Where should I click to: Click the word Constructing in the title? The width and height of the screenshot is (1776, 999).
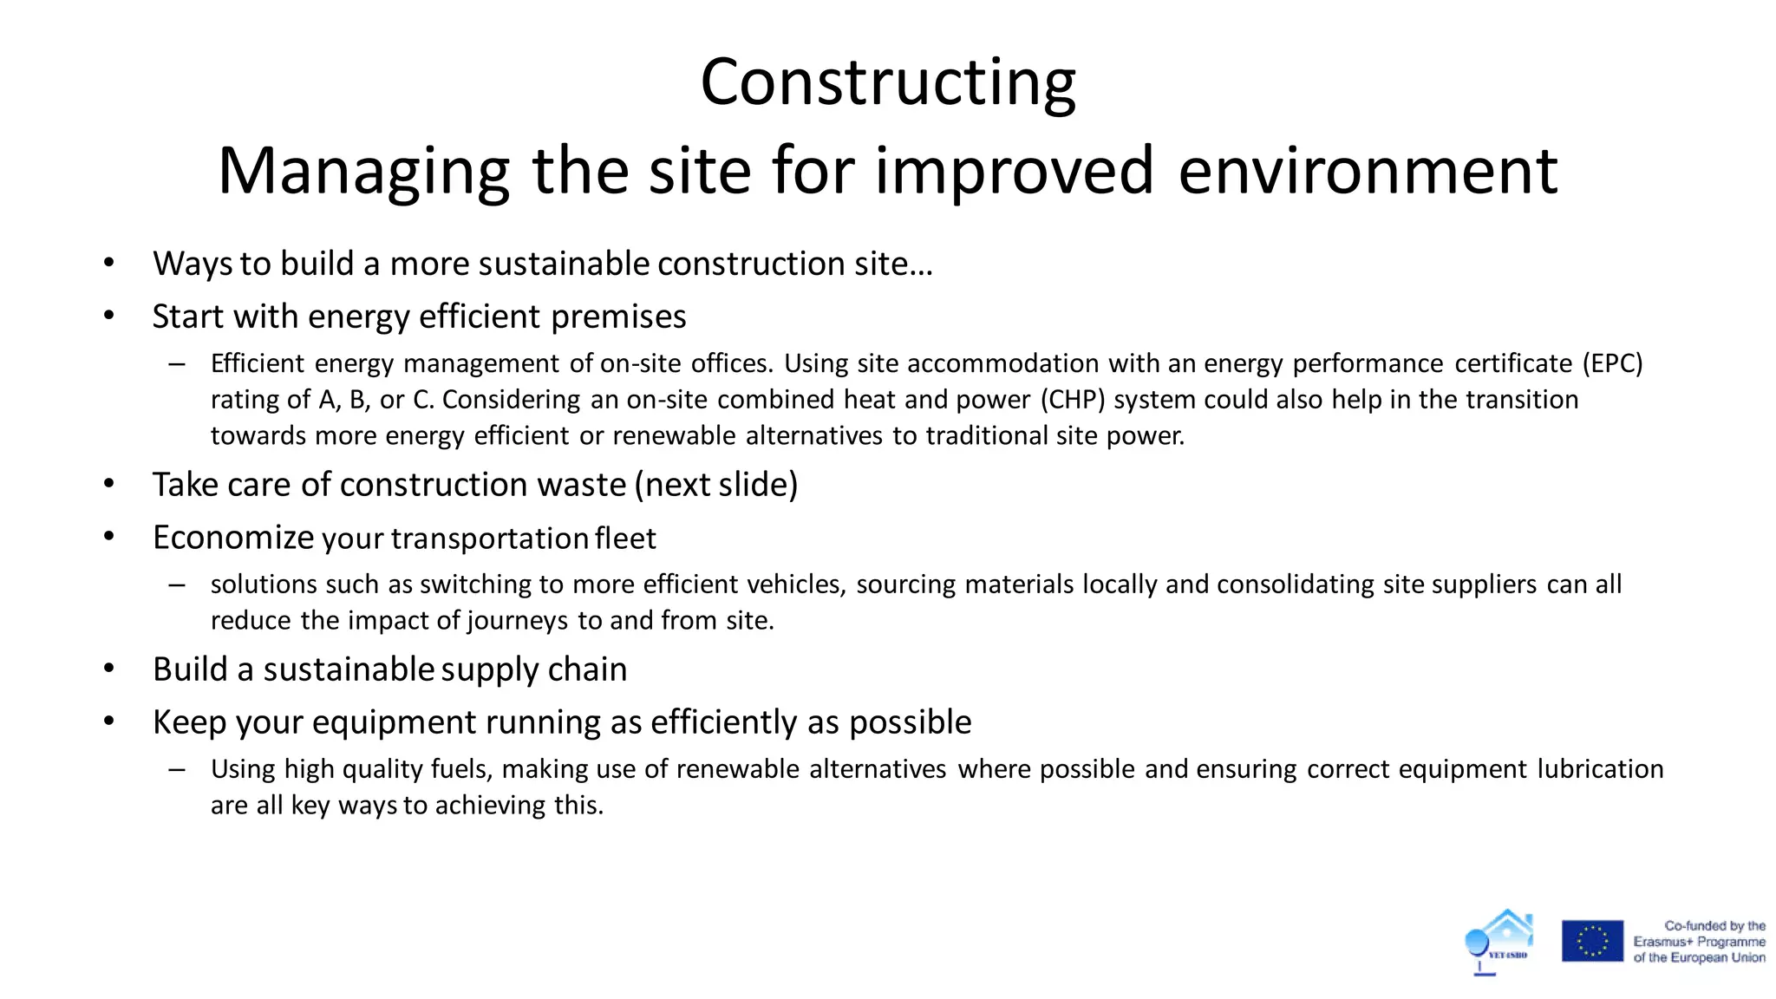(887, 82)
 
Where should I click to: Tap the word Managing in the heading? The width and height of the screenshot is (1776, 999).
(362, 171)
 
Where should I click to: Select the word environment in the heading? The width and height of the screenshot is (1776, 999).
(1368, 171)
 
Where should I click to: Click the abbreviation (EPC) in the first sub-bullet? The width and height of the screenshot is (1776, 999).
(1612, 363)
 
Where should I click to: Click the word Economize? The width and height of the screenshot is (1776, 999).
(232, 538)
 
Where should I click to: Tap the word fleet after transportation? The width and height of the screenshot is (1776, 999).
(625, 539)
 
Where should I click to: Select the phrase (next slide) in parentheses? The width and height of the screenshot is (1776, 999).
(716, 485)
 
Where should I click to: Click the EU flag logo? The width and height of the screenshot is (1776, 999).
(1592, 941)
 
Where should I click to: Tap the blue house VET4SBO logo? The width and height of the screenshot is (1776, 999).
(1501, 940)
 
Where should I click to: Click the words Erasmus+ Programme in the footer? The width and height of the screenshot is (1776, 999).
(1699, 942)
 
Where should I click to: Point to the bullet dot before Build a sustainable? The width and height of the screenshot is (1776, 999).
(108, 669)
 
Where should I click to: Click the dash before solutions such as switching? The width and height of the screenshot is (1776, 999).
(177, 584)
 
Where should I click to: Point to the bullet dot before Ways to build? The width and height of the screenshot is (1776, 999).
(108, 263)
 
